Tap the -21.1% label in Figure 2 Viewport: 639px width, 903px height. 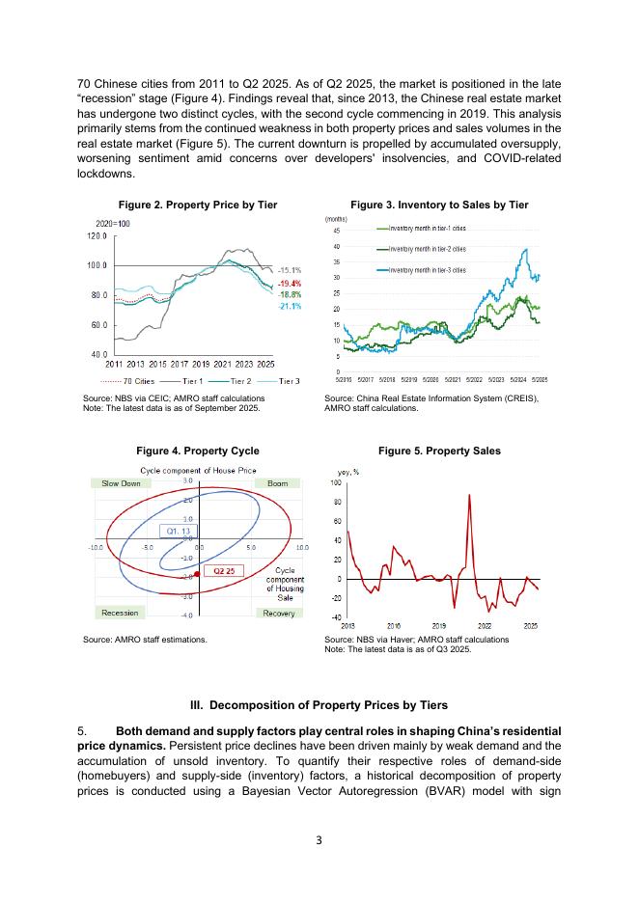coord(291,306)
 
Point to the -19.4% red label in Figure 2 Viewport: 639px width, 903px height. coord(291,283)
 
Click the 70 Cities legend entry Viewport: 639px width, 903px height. coord(133,380)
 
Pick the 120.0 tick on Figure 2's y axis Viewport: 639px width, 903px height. coord(96,235)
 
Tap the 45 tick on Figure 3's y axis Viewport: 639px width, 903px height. coord(336,231)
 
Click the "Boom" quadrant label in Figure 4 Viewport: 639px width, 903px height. coord(277,483)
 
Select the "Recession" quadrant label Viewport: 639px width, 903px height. coord(120,613)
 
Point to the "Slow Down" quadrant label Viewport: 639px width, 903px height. coord(121,483)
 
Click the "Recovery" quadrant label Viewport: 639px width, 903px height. coord(279,613)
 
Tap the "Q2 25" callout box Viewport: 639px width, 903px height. coord(224,570)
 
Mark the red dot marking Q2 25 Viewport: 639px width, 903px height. coord(197,574)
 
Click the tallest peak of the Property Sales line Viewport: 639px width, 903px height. coord(469,495)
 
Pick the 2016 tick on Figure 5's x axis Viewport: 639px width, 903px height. coord(394,626)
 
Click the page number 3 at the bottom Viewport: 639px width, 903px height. coord(319,840)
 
